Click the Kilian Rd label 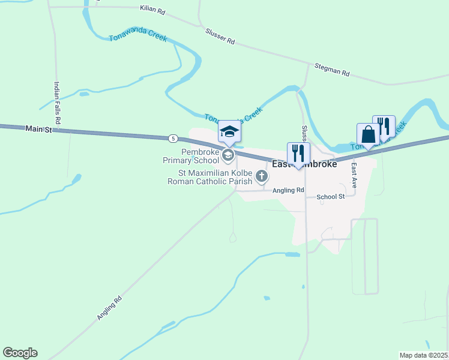pos(152,10)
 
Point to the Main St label pos(39,129)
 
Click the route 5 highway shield pos(173,139)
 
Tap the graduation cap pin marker pos(229,132)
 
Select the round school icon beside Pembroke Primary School pos(228,156)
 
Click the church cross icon pos(261,176)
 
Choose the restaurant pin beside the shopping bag pos(384,127)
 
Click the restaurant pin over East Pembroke pos(298,154)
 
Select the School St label pos(331,196)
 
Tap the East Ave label pos(355,176)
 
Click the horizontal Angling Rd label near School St pos(288,191)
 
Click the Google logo pos(20,353)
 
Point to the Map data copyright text pos(424,355)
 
